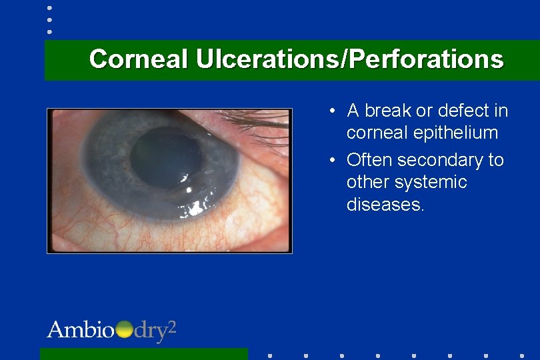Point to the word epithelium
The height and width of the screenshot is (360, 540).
(x=455, y=133)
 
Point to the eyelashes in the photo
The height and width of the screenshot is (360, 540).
(x=257, y=123)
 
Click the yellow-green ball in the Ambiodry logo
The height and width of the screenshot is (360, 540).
(x=125, y=330)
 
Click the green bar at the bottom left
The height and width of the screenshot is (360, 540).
(x=143, y=353)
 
